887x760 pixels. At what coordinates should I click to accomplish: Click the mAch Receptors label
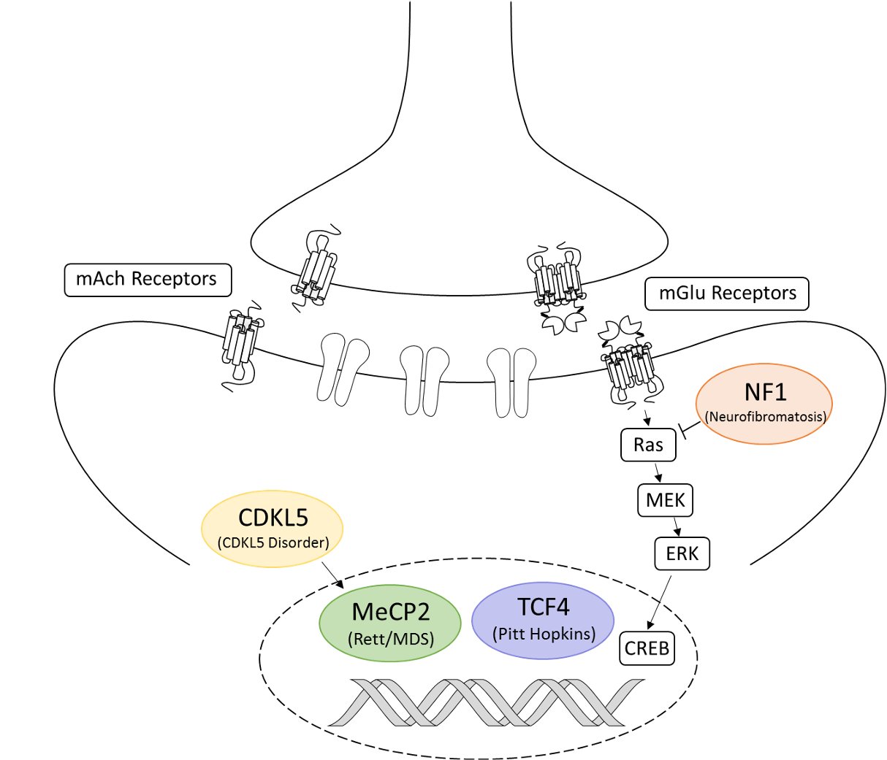click(x=148, y=280)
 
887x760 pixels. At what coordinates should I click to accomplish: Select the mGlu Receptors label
click(x=727, y=293)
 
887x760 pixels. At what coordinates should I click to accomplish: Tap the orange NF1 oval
click(x=764, y=403)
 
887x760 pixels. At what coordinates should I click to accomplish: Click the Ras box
click(x=648, y=445)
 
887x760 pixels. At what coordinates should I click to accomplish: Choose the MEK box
click(x=666, y=501)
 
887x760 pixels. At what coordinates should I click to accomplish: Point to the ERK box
click(x=682, y=553)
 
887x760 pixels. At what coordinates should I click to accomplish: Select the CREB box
click(x=647, y=648)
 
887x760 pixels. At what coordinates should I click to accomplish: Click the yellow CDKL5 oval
click(x=273, y=528)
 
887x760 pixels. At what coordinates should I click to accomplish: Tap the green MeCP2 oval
click(x=390, y=622)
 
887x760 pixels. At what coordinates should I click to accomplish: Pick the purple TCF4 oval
click(x=544, y=620)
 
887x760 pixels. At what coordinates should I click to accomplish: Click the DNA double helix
click(x=486, y=702)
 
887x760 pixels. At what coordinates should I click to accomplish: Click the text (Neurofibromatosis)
click(x=765, y=418)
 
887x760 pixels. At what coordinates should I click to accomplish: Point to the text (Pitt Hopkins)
click(x=544, y=634)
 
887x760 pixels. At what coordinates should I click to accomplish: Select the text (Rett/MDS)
click(x=391, y=640)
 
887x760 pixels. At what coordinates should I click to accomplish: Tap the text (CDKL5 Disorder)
click(x=273, y=542)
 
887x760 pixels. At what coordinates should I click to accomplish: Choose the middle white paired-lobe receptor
click(x=425, y=380)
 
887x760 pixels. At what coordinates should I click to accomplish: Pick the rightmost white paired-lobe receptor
click(x=511, y=382)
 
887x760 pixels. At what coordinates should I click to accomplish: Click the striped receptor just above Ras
click(x=630, y=366)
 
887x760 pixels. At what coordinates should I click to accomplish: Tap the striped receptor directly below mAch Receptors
click(x=240, y=339)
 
